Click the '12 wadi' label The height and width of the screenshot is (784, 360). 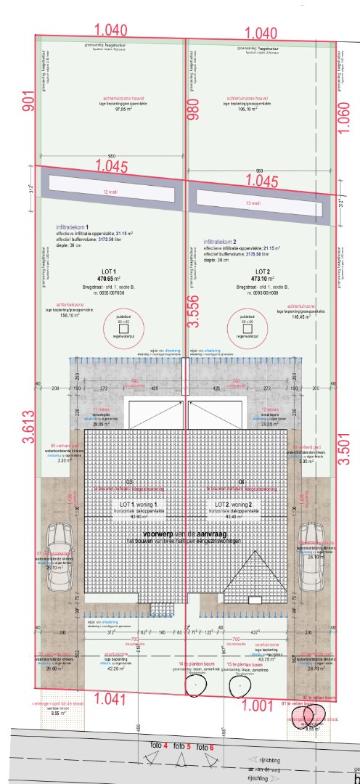coord(110,192)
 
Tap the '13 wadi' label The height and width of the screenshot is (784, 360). coord(255,203)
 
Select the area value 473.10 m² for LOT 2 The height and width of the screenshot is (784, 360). coord(261,278)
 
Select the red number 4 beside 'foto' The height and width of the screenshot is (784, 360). coord(165,746)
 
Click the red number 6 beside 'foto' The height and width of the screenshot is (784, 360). coord(210,747)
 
